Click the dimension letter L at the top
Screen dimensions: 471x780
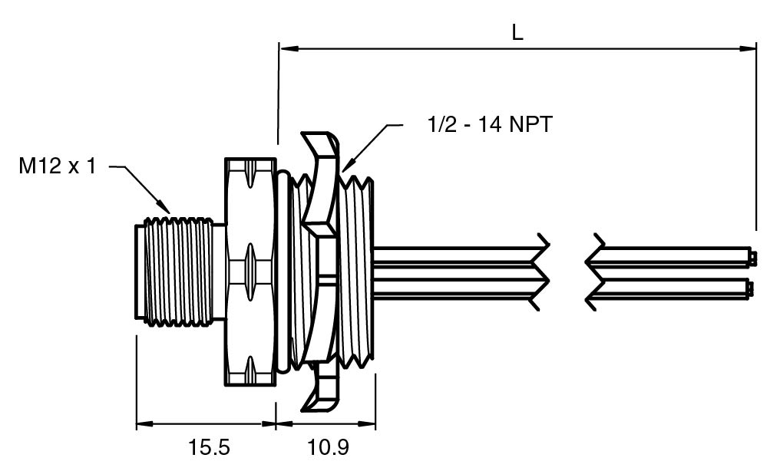[517, 32]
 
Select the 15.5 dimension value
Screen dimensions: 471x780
[209, 447]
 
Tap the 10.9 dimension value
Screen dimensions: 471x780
[327, 447]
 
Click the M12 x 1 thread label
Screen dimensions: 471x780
[58, 166]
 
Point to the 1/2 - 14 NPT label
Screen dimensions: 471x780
[488, 124]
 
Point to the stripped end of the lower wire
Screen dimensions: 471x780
[752, 289]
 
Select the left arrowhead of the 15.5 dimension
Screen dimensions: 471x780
[143, 423]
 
